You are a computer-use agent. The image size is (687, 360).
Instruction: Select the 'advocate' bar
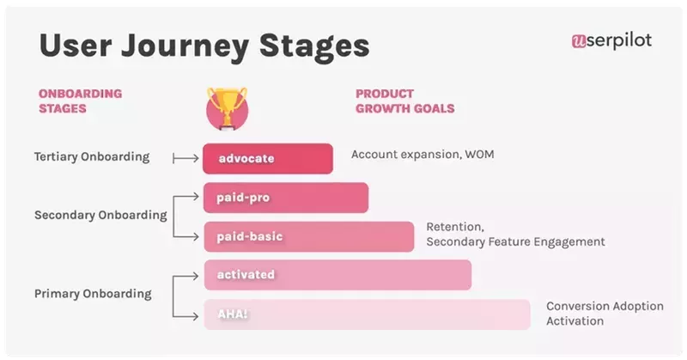[267, 159]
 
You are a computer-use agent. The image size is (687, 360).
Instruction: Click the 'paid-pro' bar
[285, 198]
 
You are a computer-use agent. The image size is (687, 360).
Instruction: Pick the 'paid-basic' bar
[308, 236]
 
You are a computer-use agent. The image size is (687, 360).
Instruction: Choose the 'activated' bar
[337, 275]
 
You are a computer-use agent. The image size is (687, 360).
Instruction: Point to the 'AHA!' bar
[367, 314]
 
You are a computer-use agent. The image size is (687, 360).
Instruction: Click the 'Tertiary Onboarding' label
[92, 157]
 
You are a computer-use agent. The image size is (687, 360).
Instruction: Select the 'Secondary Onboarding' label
[100, 216]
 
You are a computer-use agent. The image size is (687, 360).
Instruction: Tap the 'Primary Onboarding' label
[93, 294]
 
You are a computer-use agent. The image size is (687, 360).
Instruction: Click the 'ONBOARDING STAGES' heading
[80, 101]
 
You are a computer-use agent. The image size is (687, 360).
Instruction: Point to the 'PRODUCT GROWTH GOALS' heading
[404, 101]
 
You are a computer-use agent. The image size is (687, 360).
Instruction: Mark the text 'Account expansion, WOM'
[423, 155]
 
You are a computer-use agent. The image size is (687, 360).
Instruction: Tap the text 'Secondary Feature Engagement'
[515, 242]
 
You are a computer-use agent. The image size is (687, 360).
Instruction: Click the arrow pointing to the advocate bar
[185, 158]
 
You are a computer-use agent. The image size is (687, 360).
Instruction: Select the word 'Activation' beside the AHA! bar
[575, 321]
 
